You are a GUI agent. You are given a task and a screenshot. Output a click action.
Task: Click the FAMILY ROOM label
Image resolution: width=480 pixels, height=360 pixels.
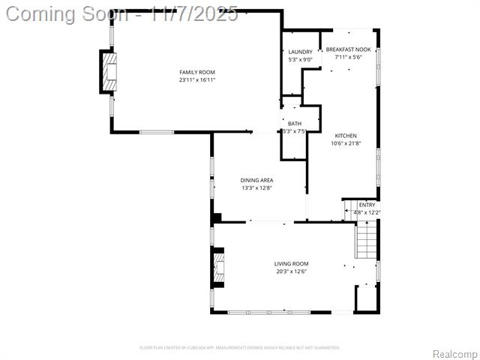197,72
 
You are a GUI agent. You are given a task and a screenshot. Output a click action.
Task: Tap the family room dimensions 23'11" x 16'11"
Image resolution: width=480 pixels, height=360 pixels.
197,79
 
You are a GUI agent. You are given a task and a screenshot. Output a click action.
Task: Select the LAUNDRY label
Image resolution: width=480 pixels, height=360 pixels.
300,52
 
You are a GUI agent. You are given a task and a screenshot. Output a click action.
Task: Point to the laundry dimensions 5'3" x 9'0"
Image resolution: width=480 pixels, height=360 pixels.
300,59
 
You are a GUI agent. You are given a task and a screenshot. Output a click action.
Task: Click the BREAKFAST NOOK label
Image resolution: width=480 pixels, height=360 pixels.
348,49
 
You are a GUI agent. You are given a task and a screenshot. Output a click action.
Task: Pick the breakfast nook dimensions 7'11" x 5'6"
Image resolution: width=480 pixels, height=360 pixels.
348,57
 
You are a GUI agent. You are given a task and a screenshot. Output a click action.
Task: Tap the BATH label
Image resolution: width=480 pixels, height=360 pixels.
295,124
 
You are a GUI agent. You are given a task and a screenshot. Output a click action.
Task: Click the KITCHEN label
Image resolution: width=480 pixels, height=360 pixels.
346,136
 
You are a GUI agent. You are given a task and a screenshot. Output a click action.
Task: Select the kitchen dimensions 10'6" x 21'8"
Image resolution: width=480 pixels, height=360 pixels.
346,143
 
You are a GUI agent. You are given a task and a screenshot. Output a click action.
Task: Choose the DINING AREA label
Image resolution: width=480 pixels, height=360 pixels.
256,180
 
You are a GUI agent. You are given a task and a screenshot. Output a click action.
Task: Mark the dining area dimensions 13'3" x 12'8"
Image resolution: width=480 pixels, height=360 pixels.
256,188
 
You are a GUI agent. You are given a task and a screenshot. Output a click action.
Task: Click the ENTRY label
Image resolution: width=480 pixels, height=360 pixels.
367,205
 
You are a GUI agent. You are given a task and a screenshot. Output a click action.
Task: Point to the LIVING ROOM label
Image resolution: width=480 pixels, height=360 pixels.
291,263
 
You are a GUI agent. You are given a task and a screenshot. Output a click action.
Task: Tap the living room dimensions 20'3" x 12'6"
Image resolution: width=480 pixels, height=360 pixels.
291,271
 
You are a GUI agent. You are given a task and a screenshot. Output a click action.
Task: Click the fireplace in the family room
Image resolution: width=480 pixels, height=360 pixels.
109,72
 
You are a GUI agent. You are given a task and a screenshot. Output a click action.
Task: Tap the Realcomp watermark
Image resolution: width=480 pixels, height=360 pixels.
454,353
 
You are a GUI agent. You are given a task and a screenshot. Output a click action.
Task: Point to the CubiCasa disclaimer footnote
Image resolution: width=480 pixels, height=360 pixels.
240,347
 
